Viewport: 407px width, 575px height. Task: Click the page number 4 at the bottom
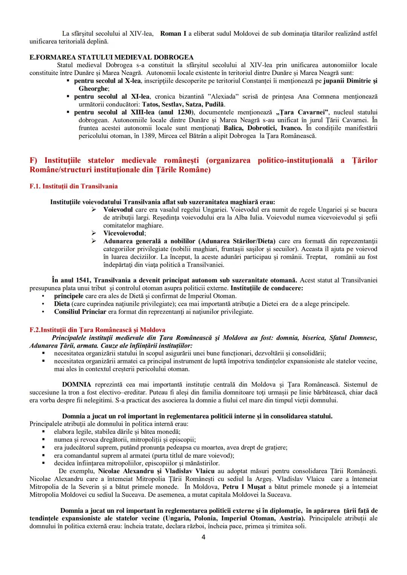tap(203, 537)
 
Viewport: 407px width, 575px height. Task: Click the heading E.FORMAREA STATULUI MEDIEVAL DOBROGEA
tap(112, 57)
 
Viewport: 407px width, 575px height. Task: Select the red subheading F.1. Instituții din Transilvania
tap(73, 186)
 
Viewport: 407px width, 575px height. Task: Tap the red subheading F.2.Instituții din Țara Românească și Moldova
tap(97, 330)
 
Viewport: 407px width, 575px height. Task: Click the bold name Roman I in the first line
tap(173, 34)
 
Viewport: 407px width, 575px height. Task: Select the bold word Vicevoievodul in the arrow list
tap(124, 233)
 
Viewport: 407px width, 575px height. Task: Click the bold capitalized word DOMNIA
tap(77, 385)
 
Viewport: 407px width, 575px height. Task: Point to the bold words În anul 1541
tap(71, 280)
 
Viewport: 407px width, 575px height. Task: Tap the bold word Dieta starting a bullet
tap(62, 304)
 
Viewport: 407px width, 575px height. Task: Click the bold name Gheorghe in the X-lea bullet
tap(93, 89)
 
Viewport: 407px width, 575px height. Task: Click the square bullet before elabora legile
tap(44, 431)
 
